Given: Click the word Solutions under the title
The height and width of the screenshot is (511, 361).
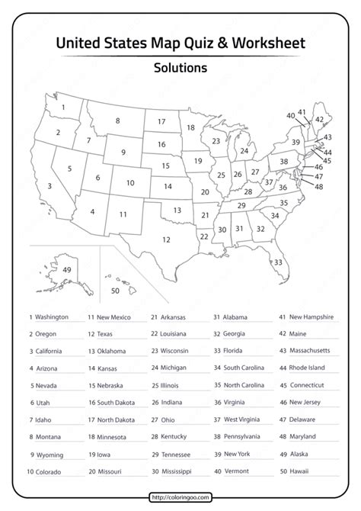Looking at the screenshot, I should pos(180,67).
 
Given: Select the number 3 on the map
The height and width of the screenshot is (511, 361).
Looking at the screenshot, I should pos(50,185).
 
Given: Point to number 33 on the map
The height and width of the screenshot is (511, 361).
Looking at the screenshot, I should pos(279,262).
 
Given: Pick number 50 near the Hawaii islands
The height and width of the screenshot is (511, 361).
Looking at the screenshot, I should pos(115,291).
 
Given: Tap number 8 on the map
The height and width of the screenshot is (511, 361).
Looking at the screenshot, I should pos(117,120).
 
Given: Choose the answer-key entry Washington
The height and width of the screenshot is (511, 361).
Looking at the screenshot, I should pos(51,317).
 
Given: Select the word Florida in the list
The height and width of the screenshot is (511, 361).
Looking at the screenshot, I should pos(235,350).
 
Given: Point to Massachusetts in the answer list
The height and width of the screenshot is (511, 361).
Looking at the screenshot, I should pos(309,350).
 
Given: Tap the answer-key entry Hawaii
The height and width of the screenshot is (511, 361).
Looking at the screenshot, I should pos(300,472).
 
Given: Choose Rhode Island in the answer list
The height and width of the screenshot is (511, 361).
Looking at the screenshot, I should pos(308,368).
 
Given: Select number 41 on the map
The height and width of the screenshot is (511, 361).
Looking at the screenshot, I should pos(302,112).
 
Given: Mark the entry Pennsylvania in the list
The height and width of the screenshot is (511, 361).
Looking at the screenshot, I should pos(244,437).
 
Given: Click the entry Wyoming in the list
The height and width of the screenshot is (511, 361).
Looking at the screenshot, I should pos(49,455).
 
